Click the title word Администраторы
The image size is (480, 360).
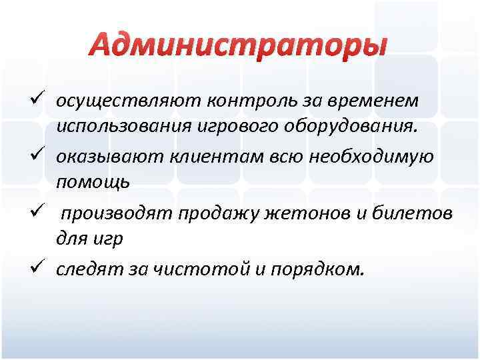pos(239,45)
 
